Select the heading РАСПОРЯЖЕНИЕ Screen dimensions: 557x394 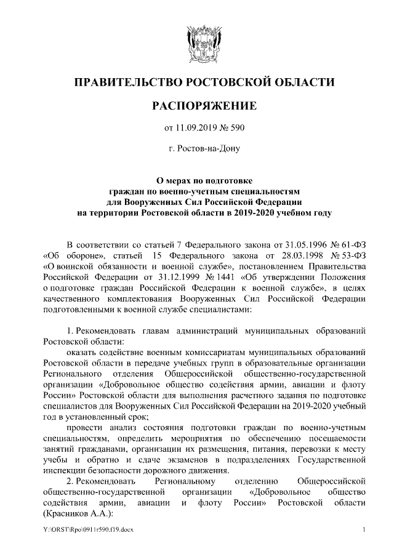coord(196,106)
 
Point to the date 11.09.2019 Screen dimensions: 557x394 coord(196,128)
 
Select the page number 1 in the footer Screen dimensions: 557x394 coord(365,531)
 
